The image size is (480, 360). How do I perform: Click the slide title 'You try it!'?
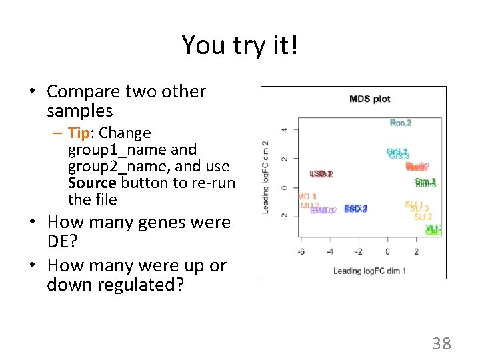pos(239,45)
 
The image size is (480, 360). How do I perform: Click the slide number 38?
pos(441,344)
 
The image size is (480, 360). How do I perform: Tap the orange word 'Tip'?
pos(80,133)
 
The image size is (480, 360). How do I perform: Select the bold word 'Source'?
pos(92,183)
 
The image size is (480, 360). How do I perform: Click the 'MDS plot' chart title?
pos(369,99)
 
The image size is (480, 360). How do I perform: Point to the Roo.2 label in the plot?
pos(401,123)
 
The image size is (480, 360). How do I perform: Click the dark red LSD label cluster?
pos(321,174)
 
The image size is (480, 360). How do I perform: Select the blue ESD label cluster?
pos(356,209)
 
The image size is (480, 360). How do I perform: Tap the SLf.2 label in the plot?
pos(423,217)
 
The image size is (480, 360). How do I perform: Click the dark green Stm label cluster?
pos(425,182)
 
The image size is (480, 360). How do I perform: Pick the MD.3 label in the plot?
pos(307,197)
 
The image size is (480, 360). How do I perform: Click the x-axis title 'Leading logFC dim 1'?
pos(369,270)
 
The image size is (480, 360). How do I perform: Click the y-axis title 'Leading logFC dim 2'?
pos(266,177)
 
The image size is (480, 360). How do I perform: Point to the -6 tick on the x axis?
pos(301,252)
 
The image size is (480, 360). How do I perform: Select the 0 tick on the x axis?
pos(387,252)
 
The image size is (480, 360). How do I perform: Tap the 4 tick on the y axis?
pos(285,130)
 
